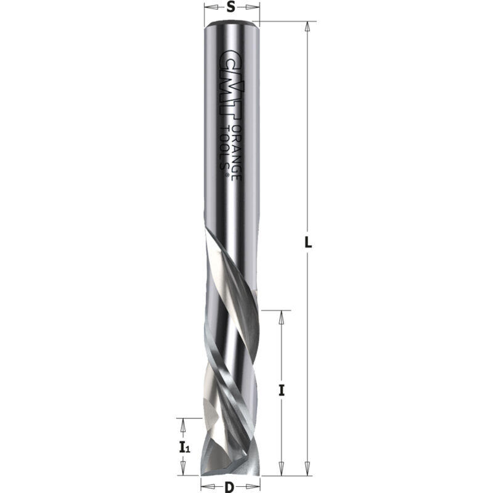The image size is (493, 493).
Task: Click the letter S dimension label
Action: (230, 7)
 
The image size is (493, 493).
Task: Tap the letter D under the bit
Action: (229, 486)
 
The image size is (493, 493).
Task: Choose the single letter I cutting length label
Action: (281, 389)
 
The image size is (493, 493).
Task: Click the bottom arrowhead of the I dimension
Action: (281, 470)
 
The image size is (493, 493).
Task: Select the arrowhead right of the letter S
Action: (253, 7)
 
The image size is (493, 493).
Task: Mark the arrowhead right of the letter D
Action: (254, 486)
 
